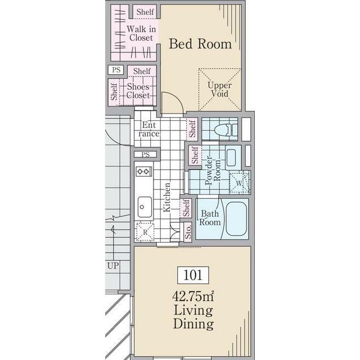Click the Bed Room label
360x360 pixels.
tap(200, 44)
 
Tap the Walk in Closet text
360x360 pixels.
tap(141, 34)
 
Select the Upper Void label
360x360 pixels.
tap(219, 89)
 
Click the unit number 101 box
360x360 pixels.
tap(193, 275)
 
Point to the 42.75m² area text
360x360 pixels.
tap(193, 296)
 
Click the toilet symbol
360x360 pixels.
tap(226, 130)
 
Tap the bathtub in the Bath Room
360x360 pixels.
tap(236, 219)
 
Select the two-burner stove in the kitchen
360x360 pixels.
tap(144, 171)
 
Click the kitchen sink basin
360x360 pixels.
tap(145, 207)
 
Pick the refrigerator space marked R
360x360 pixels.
tap(145, 232)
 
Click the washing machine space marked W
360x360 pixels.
tap(240, 183)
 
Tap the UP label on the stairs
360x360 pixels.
tap(113, 266)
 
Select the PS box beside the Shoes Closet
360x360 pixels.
tap(116, 70)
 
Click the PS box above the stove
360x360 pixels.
tap(146, 154)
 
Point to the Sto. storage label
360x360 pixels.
tap(188, 232)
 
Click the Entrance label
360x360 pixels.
tap(149, 129)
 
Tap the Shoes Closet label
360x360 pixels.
tap(138, 91)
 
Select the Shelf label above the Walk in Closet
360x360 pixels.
tap(145, 12)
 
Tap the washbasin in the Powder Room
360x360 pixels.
tap(231, 157)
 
